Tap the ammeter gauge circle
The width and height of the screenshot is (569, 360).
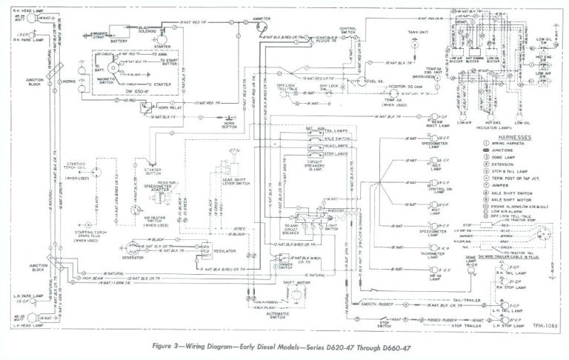tap(259, 26)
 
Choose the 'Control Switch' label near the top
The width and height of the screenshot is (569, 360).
tap(350, 30)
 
